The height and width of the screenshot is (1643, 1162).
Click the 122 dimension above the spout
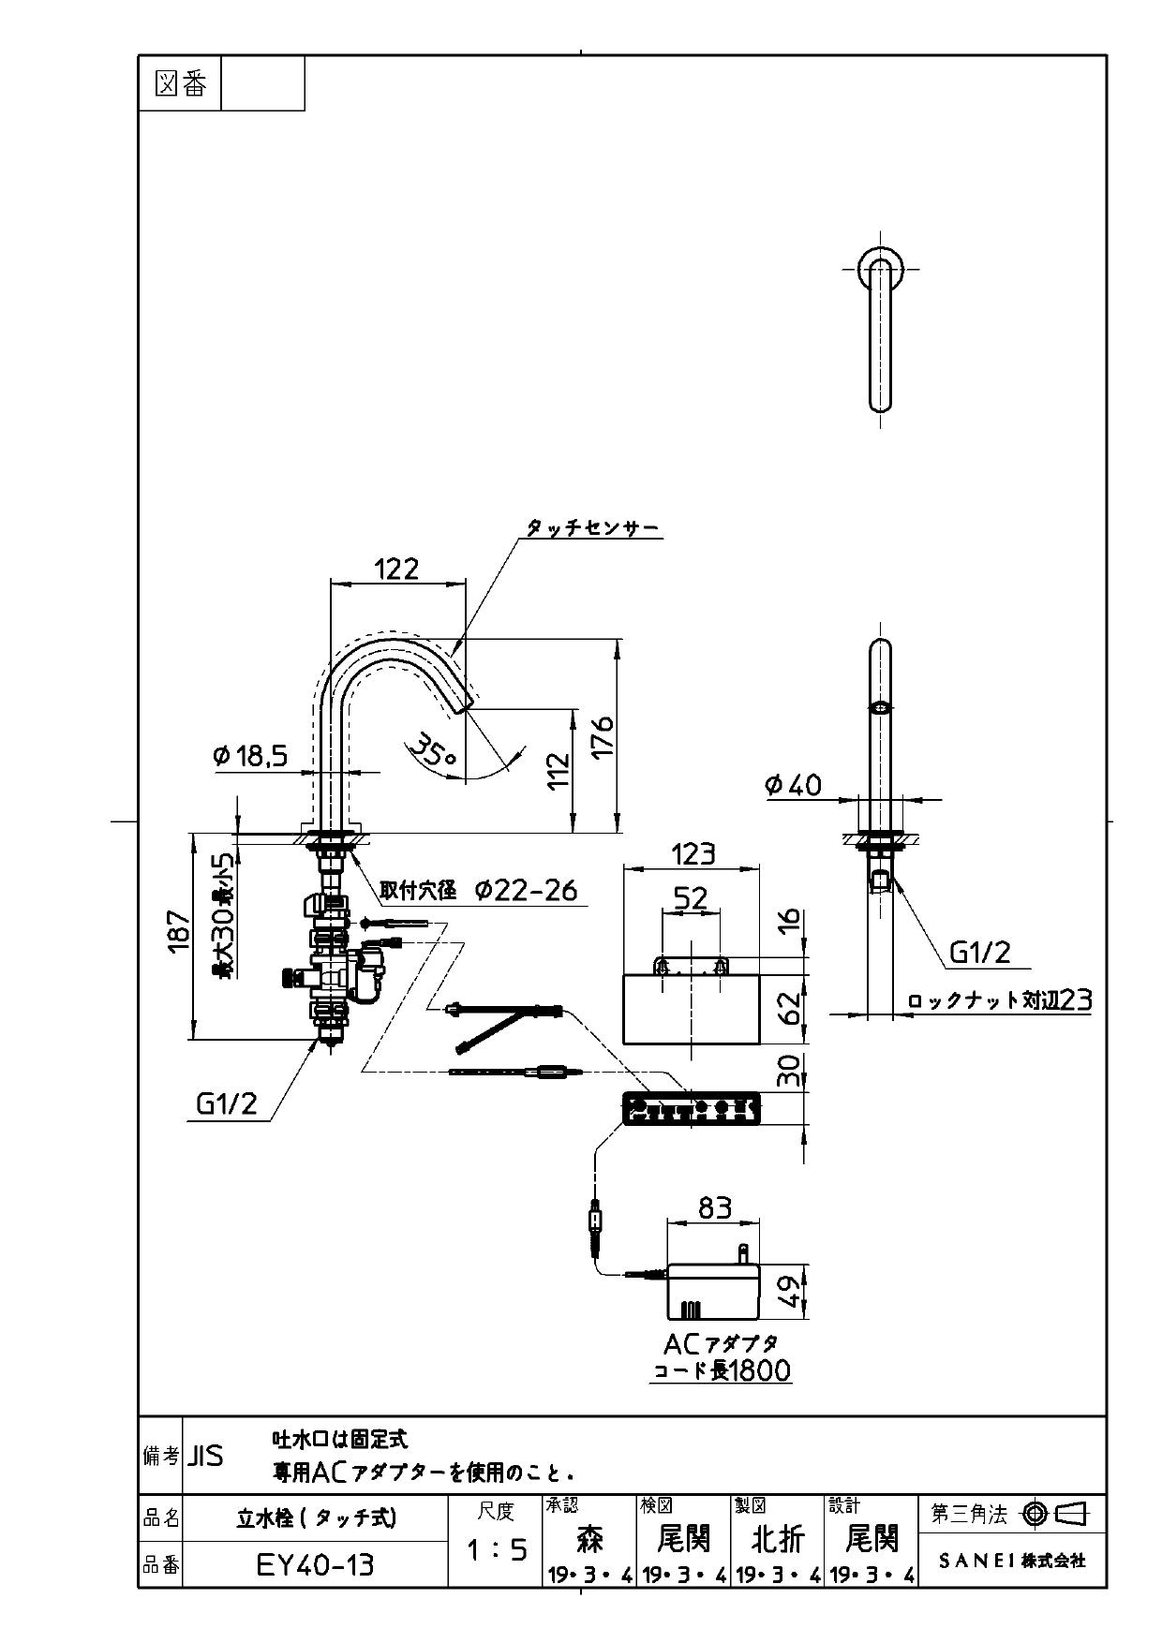point(396,569)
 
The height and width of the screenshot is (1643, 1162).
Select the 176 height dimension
point(603,736)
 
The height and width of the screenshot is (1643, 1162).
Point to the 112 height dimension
point(559,770)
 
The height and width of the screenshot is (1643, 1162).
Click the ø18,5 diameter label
point(250,756)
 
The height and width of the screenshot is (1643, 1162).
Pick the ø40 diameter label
point(793,785)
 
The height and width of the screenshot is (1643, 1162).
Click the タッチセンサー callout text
point(592,529)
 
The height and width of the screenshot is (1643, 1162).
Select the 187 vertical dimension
point(179,933)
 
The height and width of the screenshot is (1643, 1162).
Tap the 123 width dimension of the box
point(693,853)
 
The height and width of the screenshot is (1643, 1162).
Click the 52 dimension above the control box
point(691,899)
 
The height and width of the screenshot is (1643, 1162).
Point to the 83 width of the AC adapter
point(714,1208)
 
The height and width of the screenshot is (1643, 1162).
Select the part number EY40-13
point(315,1564)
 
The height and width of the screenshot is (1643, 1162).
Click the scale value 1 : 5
point(497,1550)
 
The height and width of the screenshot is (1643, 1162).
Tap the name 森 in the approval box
point(589,1538)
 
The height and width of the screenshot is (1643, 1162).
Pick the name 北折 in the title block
point(778,1538)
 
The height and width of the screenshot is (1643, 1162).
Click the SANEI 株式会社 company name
point(1012,1561)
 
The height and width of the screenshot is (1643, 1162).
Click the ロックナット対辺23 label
point(1000,1000)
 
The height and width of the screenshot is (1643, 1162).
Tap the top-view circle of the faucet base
point(880,269)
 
